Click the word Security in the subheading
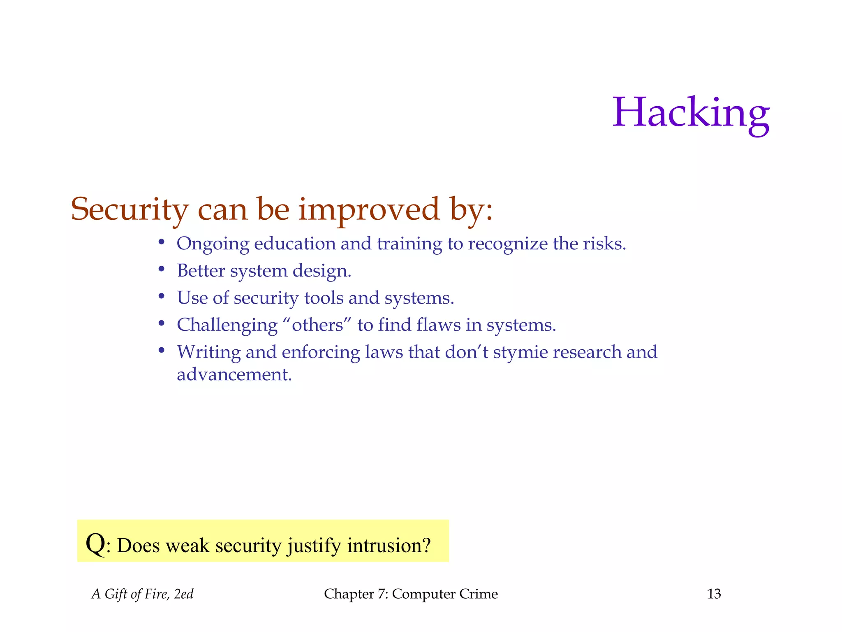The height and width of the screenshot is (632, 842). (x=130, y=209)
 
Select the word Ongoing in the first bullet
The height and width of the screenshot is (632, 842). (x=213, y=244)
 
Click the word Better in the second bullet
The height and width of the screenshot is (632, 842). (x=201, y=271)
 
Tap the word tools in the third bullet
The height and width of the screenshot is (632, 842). (x=324, y=298)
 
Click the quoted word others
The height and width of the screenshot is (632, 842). (x=317, y=325)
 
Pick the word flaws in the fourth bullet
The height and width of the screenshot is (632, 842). (x=438, y=325)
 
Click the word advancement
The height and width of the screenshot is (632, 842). (x=234, y=374)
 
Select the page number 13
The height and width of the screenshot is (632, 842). (x=714, y=594)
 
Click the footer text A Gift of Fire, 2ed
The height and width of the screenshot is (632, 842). (x=142, y=594)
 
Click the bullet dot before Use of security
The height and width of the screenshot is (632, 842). (x=162, y=296)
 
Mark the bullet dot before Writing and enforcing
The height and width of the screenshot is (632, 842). (x=162, y=350)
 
